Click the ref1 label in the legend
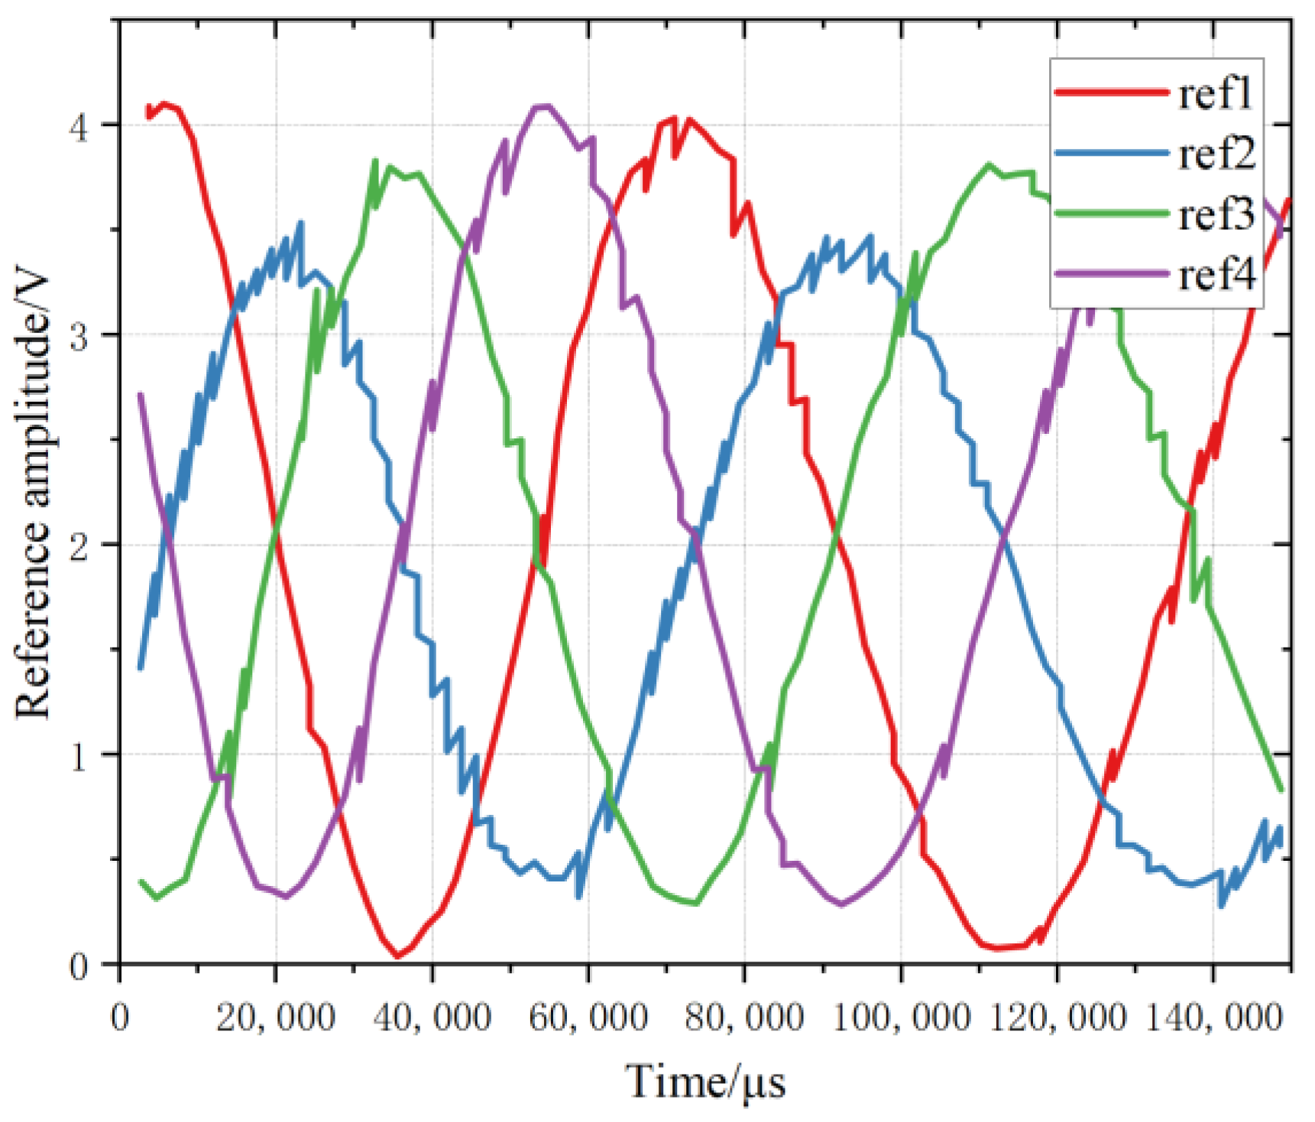(x=1215, y=94)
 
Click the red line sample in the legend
(x=1112, y=92)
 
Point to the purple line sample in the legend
(x=1112, y=273)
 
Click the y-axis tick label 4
(x=79, y=126)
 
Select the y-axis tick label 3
(x=79, y=336)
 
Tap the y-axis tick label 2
(x=79, y=546)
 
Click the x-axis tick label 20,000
(x=276, y=1018)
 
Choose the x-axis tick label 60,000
(x=588, y=1018)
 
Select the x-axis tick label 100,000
(x=901, y=1018)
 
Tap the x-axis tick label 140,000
(x=1213, y=1018)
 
